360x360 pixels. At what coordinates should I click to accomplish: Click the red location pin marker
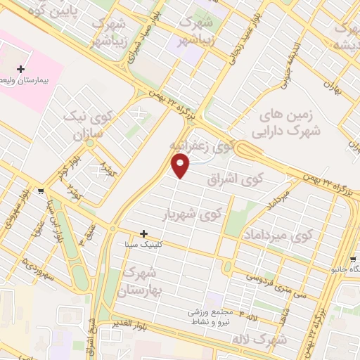click(181, 166)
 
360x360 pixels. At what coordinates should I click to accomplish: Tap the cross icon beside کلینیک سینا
click(144, 233)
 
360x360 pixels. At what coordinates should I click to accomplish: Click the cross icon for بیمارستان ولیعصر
click(21, 70)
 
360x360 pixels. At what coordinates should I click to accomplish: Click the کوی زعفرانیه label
click(201, 146)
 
